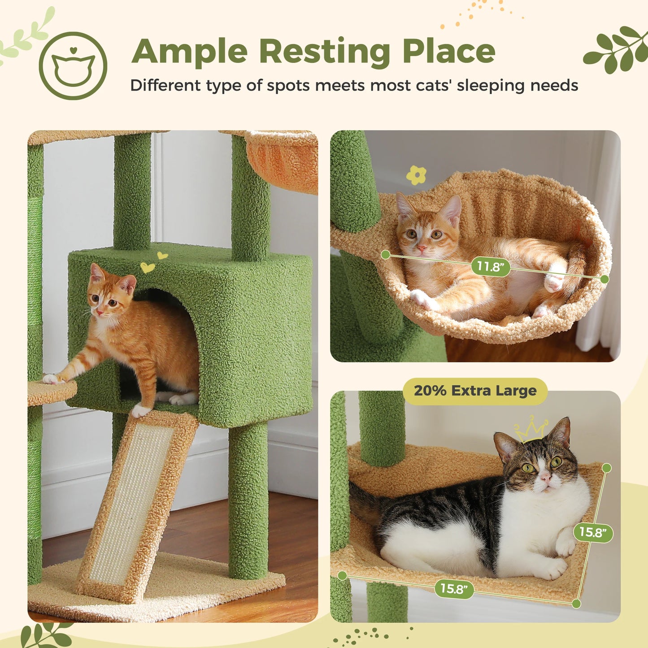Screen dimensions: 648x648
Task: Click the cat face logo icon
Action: (x=73, y=66)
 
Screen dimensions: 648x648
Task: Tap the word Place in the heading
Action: (x=448, y=52)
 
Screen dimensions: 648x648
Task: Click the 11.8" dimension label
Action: (x=491, y=267)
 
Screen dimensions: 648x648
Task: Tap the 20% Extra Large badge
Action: (x=475, y=391)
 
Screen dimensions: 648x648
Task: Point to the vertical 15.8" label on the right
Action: (x=592, y=532)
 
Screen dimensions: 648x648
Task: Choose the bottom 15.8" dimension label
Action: (x=454, y=588)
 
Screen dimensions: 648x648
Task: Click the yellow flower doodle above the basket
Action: (x=416, y=175)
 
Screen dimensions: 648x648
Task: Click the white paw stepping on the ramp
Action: (x=141, y=409)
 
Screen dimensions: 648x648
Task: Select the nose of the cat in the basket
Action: (x=422, y=248)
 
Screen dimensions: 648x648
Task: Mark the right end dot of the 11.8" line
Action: (x=605, y=279)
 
